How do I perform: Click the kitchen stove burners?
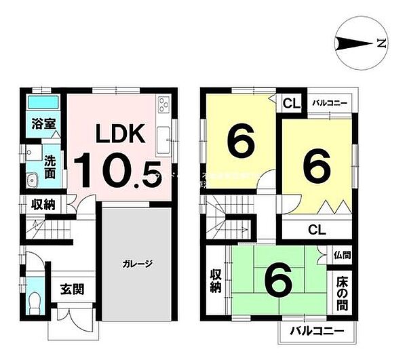click(165, 105)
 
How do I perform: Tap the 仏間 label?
click(342, 256)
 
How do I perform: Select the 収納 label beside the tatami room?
click(217, 281)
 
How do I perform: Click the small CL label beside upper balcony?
click(292, 104)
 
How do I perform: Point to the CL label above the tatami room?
click(316, 228)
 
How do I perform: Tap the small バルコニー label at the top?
click(330, 104)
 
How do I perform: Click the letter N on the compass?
click(381, 45)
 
